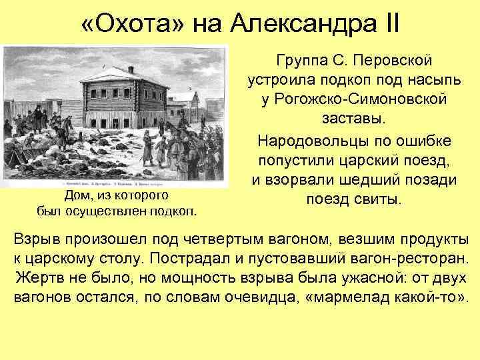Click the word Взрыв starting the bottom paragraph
(x=38, y=238)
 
